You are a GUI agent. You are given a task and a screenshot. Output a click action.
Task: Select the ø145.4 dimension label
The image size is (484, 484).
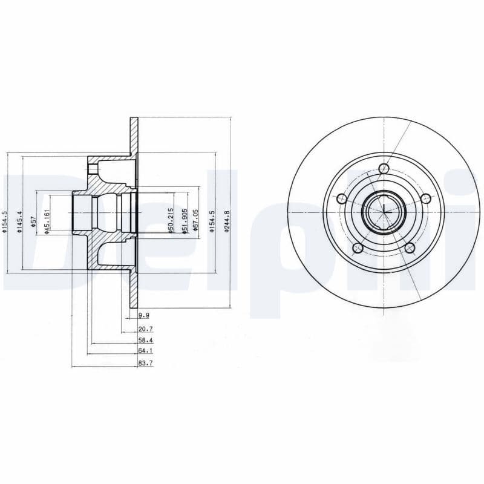click(x=19, y=222)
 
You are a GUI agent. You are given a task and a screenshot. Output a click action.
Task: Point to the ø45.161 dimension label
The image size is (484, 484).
click(x=47, y=222)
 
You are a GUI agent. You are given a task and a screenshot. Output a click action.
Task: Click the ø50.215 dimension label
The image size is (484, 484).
click(x=171, y=221)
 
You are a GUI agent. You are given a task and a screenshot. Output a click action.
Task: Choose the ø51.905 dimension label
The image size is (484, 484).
click(x=184, y=222)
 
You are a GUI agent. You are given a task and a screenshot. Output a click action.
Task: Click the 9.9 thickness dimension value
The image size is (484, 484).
click(x=143, y=316)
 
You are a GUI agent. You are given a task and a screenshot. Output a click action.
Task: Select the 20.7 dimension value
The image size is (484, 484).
click(x=145, y=329)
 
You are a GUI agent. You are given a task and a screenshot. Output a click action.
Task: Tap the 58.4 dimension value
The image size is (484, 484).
click(x=145, y=341)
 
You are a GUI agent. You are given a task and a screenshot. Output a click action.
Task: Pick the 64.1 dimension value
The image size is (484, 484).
click(x=145, y=351)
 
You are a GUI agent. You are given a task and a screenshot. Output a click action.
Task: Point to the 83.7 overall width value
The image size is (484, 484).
click(x=145, y=363)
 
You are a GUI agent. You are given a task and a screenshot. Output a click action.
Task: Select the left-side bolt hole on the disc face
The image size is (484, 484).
click(x=341, y=199)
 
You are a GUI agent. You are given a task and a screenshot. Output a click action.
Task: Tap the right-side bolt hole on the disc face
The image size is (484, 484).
click(x=426, y=198)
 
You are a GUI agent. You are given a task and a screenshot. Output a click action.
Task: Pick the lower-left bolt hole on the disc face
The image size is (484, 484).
click(x=358, y=248)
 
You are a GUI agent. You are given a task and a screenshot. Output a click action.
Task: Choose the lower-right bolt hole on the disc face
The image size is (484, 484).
click(x=410, y=248)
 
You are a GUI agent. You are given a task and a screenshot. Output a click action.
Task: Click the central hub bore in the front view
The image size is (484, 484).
click(x=384, y=212)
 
